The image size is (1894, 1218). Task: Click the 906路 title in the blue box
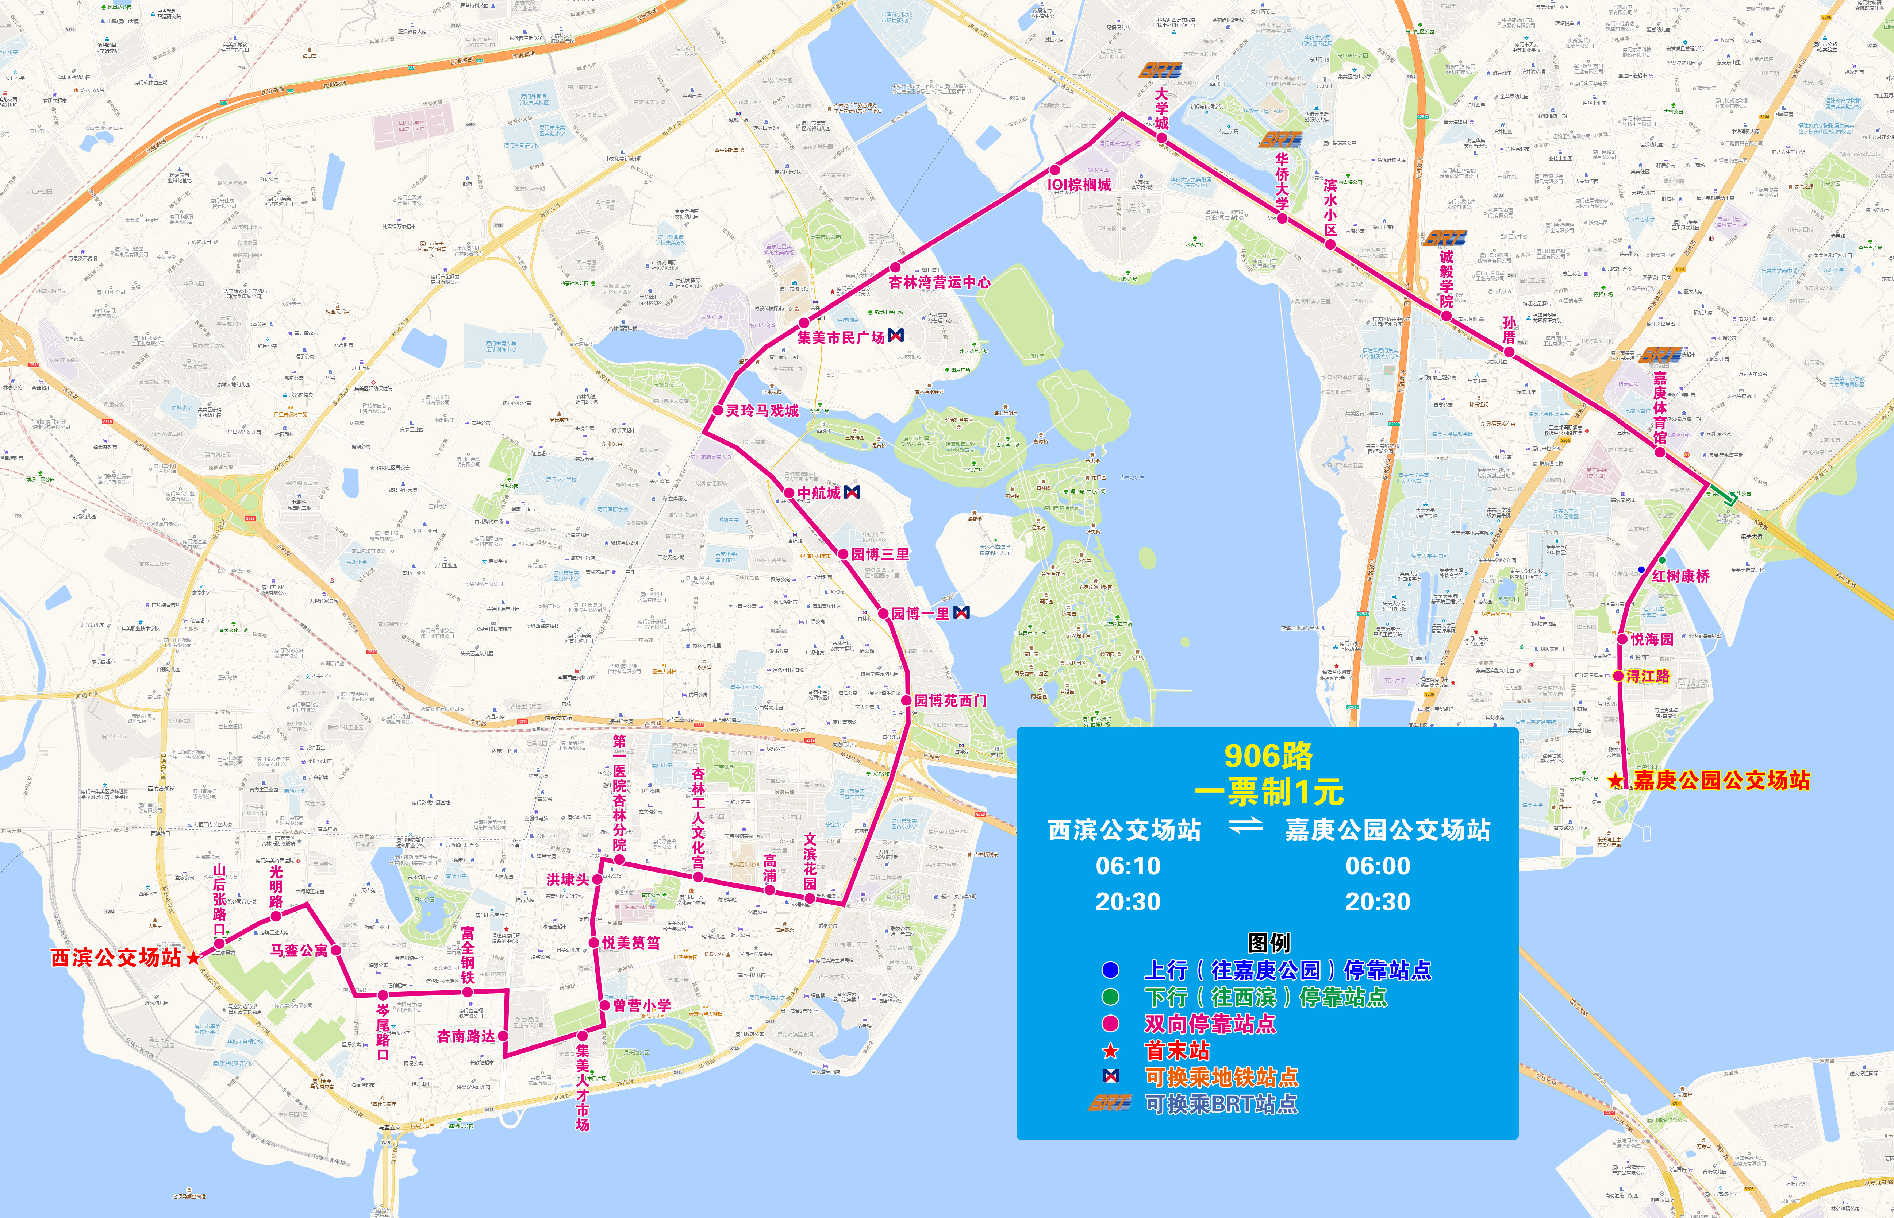[x=1268, y=756]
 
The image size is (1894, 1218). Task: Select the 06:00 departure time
[x=1378, y=866]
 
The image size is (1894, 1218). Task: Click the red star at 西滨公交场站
[x=193, y=958]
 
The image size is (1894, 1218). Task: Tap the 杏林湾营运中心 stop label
[x=939, y=282]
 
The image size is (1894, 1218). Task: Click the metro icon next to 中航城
[x=852, y=492]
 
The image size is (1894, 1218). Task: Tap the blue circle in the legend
[x=1111, y=970]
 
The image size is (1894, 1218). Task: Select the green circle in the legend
[x=1111, y=997]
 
